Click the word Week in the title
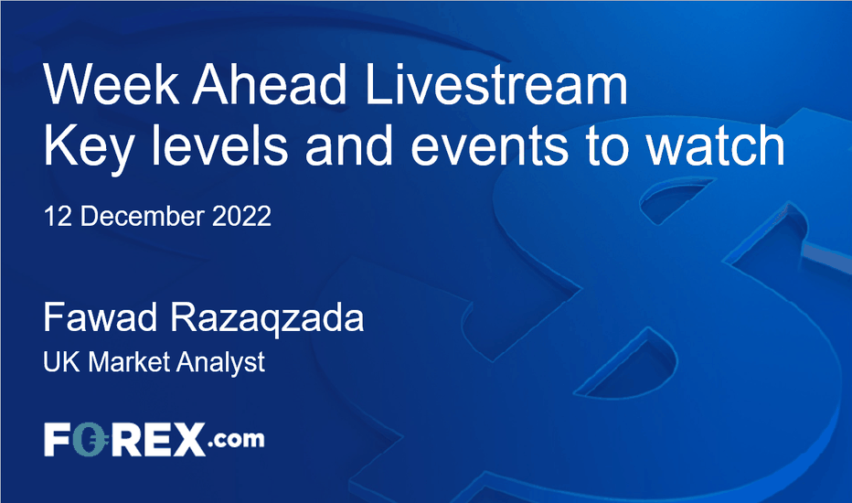(x=111, y=84)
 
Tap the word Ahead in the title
(x=269, y=84)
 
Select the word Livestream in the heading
(x=496, y=84)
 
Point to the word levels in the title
(x=218, y=145)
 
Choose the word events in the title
(x=488, y=145)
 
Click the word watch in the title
(x=715, y=145)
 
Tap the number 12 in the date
(x=57, y=217)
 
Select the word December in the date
(x=143, y=217)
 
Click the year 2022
(x=241, y=217)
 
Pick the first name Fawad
(x=101, y=317)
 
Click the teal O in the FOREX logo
(x=89, y=439)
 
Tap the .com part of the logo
(x=235, y=439)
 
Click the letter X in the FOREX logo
(x=189, y=439)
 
